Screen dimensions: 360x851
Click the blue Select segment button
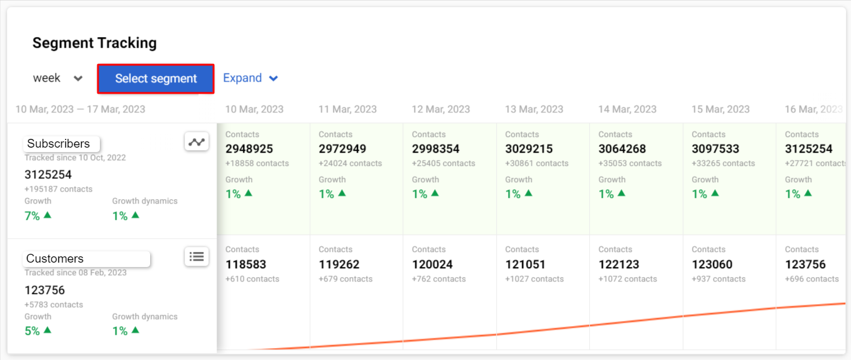coord(156,79)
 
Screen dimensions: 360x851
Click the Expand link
coord(251,79)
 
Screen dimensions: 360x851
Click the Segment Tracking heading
coord(94,43)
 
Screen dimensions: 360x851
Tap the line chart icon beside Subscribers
coord(197,142)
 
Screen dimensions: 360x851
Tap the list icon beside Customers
coord(197,256)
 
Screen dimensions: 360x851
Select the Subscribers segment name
coord(59,144)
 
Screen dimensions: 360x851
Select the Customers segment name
coord(55,259)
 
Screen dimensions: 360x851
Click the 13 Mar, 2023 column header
coord(534,109)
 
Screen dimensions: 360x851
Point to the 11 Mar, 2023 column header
coord(347,109)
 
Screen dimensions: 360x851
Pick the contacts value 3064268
coord(622,149)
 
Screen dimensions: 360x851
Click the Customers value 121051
coord(525,265)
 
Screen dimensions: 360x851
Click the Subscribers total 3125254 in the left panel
coord(48,175)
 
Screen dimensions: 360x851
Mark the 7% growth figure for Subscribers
coord(33,216)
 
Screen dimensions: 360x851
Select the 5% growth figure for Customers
coord(33,331)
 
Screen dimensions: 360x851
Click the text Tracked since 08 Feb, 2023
coord(75,273)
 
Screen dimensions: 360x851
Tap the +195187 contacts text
coord(58,189)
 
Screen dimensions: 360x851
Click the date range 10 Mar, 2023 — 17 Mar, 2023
coord(80,109)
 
